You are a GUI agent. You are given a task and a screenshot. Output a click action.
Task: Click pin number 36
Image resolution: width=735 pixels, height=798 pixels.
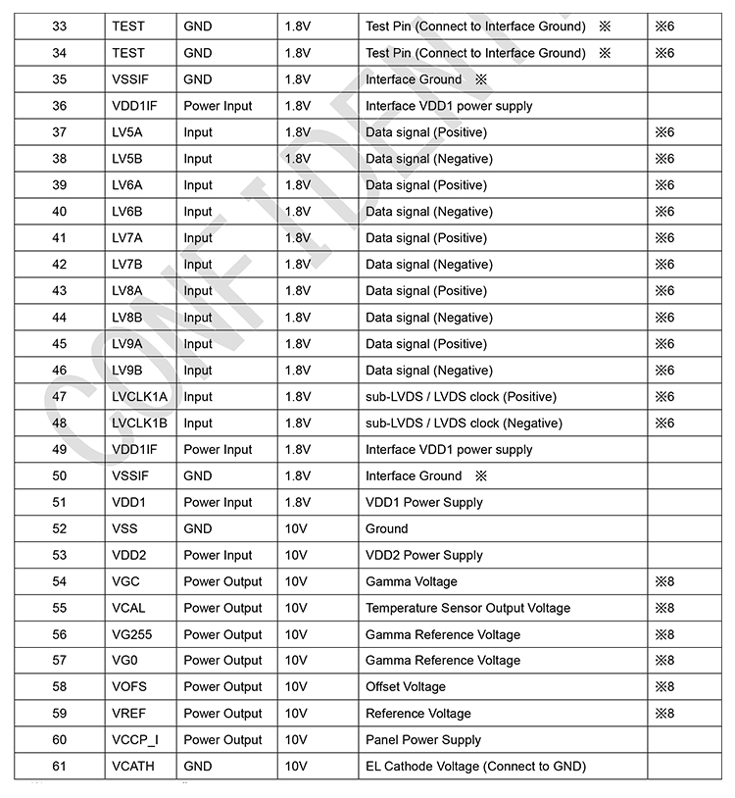coord(60,106)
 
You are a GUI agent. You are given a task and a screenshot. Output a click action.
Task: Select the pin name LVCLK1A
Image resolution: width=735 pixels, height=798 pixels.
coord(140,397)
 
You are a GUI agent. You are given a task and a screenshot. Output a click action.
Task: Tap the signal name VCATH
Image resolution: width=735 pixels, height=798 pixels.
coord(135,767)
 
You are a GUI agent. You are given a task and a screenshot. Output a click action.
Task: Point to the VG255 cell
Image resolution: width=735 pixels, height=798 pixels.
coord(132,634)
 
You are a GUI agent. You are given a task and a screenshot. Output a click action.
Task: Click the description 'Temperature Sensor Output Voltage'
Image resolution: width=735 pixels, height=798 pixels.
coord(467,608)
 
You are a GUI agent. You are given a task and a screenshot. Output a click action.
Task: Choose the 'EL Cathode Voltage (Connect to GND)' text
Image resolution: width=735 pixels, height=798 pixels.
coord(475,767)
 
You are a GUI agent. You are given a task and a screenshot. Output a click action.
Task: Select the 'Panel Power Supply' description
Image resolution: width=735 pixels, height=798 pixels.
coord(423,740)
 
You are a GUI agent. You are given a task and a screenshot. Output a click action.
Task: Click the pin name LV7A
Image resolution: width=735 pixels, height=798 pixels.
coord(127,238)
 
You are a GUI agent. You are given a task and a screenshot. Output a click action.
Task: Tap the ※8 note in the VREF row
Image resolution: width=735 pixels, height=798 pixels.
coord(664,714)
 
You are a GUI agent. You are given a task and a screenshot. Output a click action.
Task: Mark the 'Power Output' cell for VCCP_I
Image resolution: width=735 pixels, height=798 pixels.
coord(222,740)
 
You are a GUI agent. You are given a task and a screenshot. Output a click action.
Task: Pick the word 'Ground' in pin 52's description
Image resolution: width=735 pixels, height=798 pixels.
coord(387,528)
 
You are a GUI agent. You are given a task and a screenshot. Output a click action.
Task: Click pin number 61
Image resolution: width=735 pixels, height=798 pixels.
coord(60,767)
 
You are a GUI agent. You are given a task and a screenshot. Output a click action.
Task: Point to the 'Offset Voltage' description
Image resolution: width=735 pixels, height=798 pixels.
coord(406,687)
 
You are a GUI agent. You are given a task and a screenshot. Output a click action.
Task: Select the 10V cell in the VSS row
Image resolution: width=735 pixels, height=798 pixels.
coord(296,528)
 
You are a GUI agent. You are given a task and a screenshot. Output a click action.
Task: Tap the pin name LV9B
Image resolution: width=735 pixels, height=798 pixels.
coord(127,371)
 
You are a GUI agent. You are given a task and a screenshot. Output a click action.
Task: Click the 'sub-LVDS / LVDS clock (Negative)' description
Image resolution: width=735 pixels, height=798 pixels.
coord(464,424)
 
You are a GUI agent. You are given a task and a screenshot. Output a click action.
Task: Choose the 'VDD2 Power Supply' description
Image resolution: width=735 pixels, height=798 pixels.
coord(424,555)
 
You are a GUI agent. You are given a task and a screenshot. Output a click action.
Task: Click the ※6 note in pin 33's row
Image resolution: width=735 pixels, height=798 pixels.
coord(664,26)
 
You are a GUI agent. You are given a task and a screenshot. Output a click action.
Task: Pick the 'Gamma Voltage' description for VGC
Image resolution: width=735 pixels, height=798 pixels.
coord(411,581)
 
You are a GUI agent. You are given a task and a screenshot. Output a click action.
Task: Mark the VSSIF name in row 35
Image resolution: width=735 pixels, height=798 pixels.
coord(130,79)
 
